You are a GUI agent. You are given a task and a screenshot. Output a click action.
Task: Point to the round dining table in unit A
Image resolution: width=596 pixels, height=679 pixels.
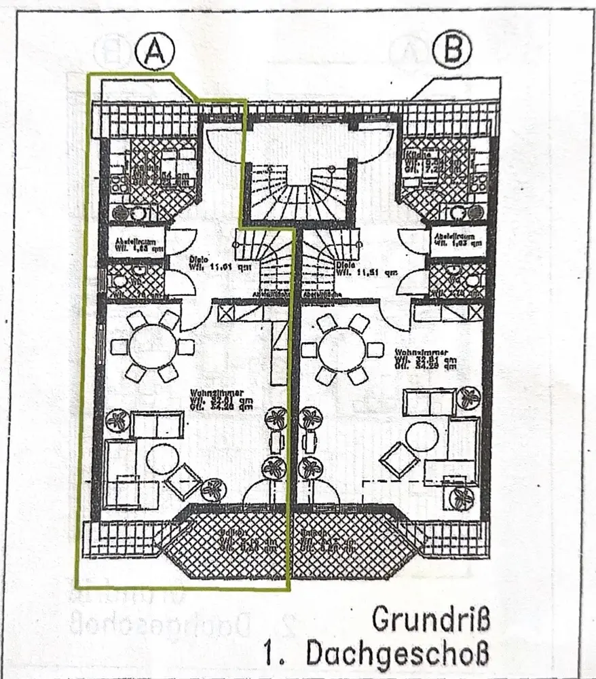tap(152, 346)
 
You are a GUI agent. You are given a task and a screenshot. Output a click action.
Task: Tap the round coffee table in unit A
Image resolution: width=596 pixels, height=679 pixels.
tap(163, 460)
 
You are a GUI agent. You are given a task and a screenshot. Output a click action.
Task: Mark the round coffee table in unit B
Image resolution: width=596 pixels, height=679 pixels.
tap(422, 436)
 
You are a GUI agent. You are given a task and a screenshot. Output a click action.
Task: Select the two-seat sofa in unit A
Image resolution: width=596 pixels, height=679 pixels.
tap(157, 425)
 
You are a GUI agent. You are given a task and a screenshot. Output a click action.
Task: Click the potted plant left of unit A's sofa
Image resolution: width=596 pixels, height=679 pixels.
tap(118, 420)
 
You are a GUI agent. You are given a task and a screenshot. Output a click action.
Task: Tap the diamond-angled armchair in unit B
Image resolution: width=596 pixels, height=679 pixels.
tap(399, 460)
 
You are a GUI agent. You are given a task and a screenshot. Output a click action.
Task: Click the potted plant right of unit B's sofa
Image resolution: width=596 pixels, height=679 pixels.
tap(468, 397)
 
